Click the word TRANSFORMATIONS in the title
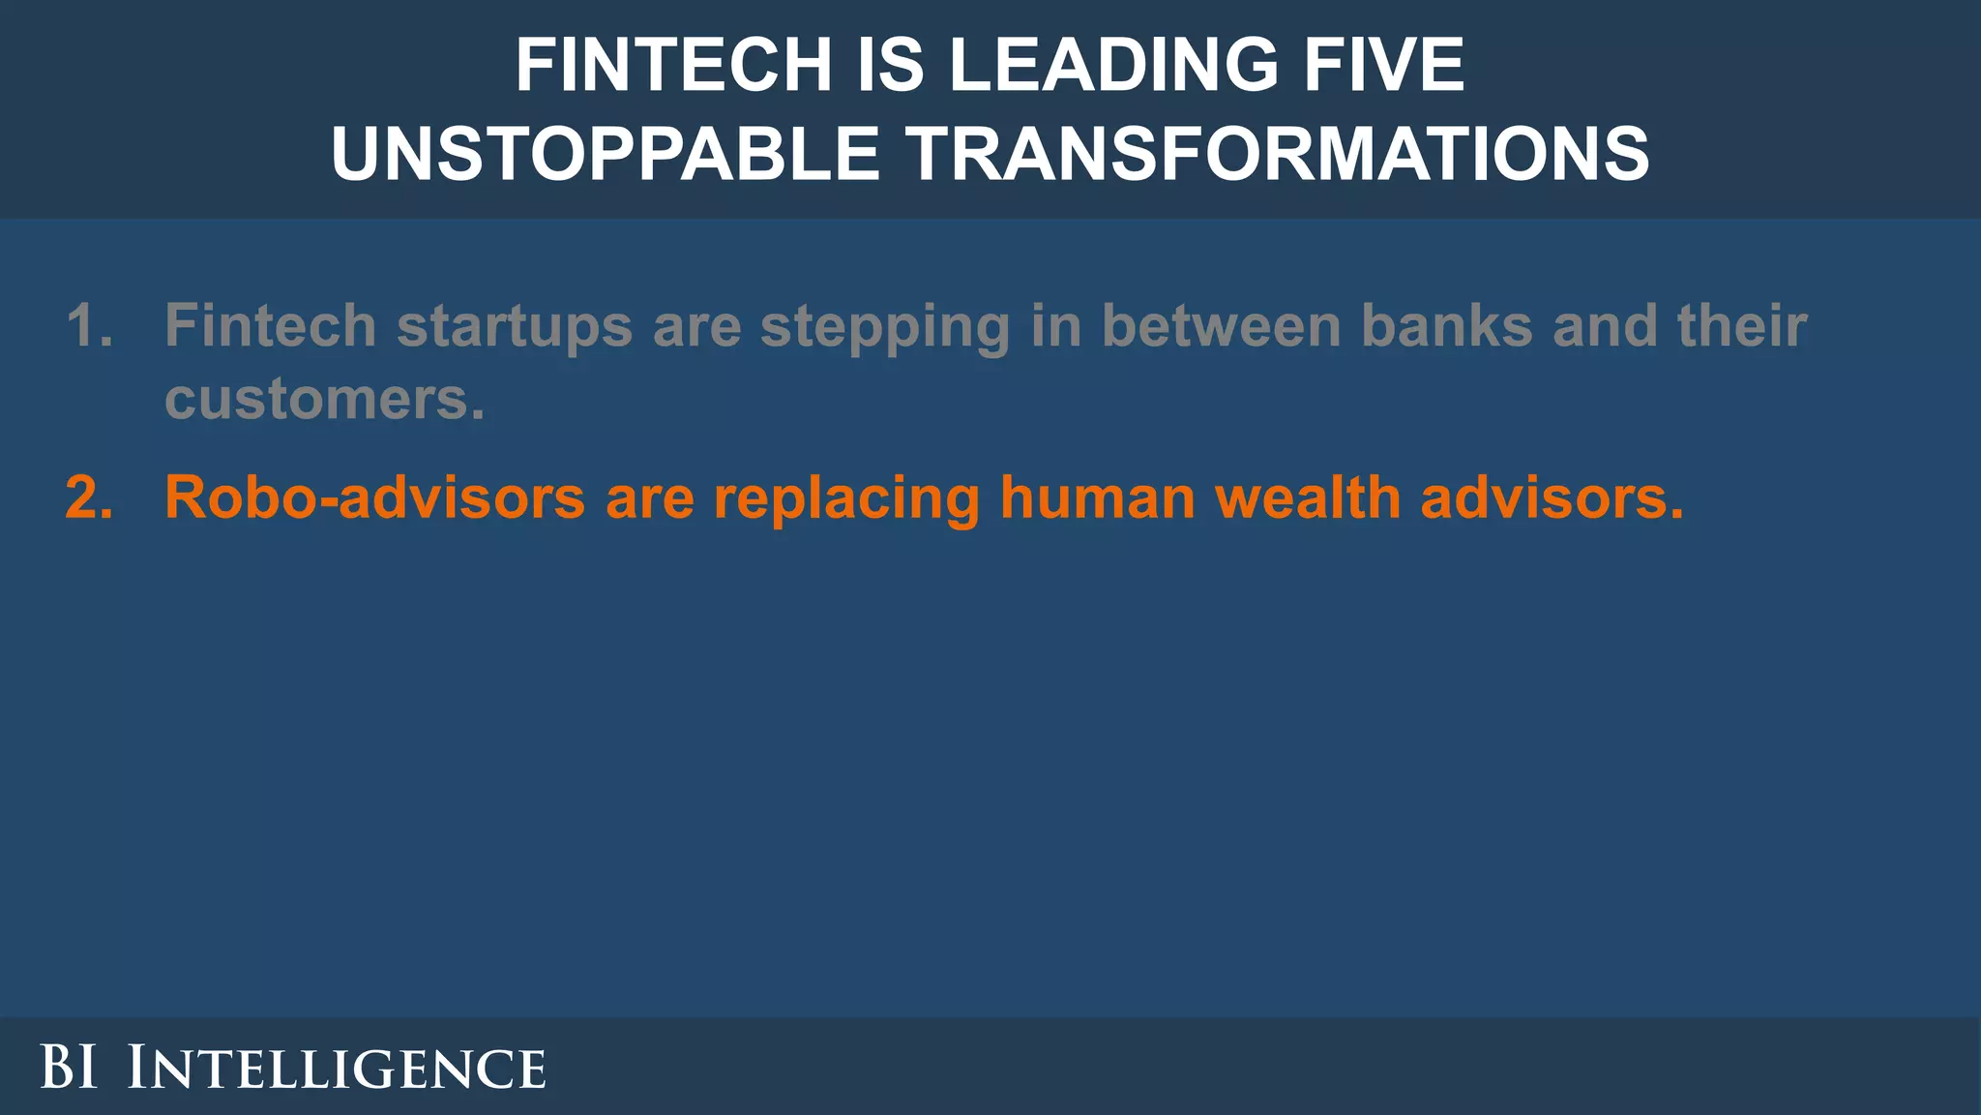[x=1277, y=154]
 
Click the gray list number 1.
[x=89, y=325]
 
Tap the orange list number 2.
[x=89, y=497]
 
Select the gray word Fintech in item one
[x=270, y=325]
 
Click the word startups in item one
[x=514, y=327]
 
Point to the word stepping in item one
[x=884, y=327]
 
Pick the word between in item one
[x=1220, y=325]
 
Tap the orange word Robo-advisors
[x=374, y=497]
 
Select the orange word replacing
[x=846, y=499]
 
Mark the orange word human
[x=1097, y=497]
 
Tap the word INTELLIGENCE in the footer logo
[x=337, y=1068]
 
